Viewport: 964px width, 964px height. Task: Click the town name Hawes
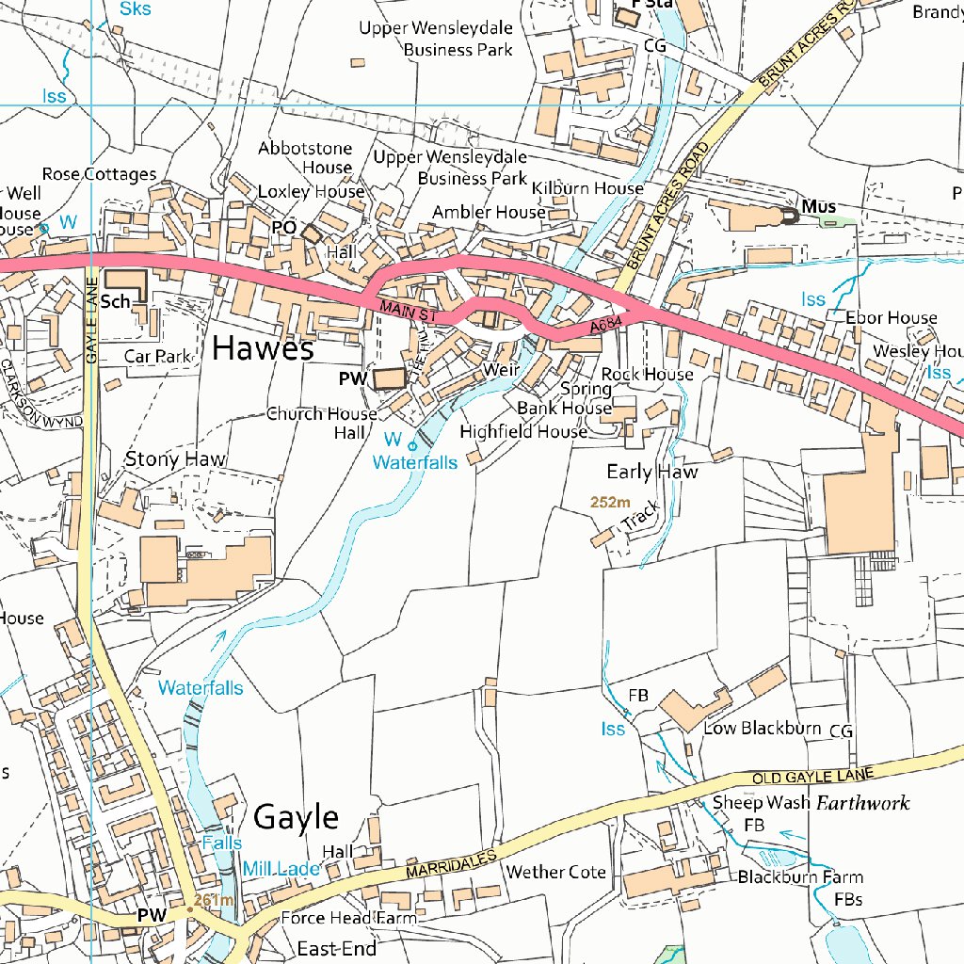262,348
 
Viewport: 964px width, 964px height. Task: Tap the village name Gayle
296,815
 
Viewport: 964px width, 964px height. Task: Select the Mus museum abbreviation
818,206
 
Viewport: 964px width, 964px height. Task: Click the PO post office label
283,228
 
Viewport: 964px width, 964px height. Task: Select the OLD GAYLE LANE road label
812,776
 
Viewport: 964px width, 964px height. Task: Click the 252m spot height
610,502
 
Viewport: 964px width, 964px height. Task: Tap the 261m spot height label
212,901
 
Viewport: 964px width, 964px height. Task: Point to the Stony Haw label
176,459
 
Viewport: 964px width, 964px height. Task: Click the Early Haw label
651,472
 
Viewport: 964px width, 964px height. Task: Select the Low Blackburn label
763,728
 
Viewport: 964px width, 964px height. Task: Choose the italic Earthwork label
862,803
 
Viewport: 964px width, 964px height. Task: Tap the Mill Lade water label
281,868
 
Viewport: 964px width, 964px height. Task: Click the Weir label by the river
501,370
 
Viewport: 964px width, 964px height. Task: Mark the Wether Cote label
555,872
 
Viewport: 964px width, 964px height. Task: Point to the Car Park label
157,357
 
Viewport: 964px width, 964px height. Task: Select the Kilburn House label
587,188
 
